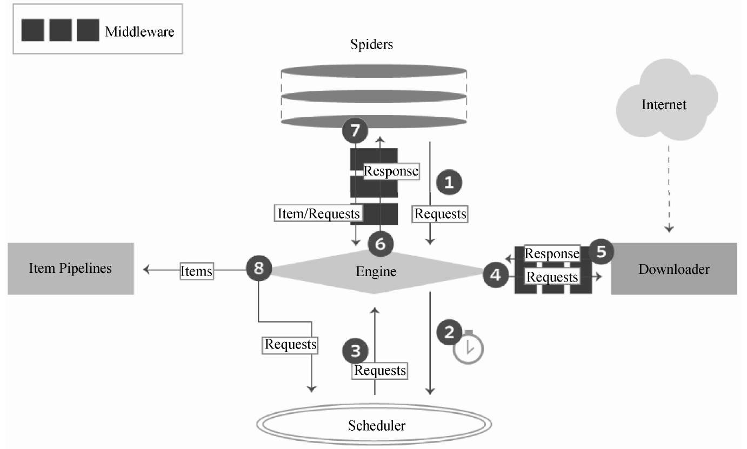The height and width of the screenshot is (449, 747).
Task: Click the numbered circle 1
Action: tap(449, 183)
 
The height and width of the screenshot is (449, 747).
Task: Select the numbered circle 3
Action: tap(355, 351)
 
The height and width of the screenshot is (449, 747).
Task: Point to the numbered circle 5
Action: tap(601, 251)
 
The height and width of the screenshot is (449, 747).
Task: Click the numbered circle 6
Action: tap(381, 244)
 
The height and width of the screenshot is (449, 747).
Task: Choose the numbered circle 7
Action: tap(355, 130)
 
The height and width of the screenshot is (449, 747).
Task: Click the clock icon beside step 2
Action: tap(468, 348)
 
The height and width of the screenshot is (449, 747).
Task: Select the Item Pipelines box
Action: tap(70, 269)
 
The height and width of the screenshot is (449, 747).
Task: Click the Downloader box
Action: tap(673, 269)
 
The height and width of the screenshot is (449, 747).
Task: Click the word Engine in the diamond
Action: tap(376, 271)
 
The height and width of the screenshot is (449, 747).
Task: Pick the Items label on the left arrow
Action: tap(196, 271)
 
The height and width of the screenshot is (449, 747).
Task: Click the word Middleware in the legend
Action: tap(139, 31)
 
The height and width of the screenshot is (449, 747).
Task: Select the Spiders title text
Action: tap(371, 44)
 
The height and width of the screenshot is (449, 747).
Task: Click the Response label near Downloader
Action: tap(552, 253)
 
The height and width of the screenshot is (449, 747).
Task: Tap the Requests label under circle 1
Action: tap(440, 214)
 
